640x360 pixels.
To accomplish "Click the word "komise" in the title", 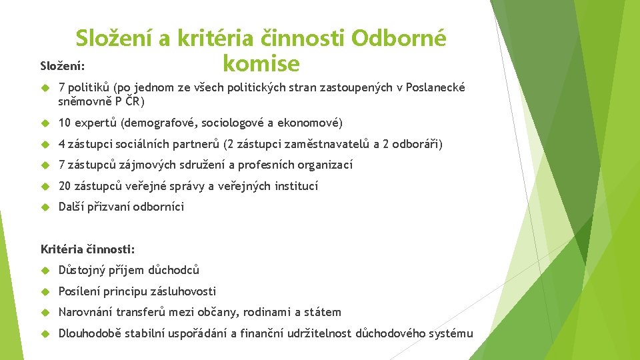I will (261, 64).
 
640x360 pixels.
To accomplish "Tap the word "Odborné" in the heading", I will (399, 38).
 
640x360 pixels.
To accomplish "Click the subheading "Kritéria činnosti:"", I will (87, 249).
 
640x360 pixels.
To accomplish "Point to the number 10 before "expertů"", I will (65, 123).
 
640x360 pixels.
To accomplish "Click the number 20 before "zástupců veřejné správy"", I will (65, 186).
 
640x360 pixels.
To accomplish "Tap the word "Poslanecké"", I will (437, 88).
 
